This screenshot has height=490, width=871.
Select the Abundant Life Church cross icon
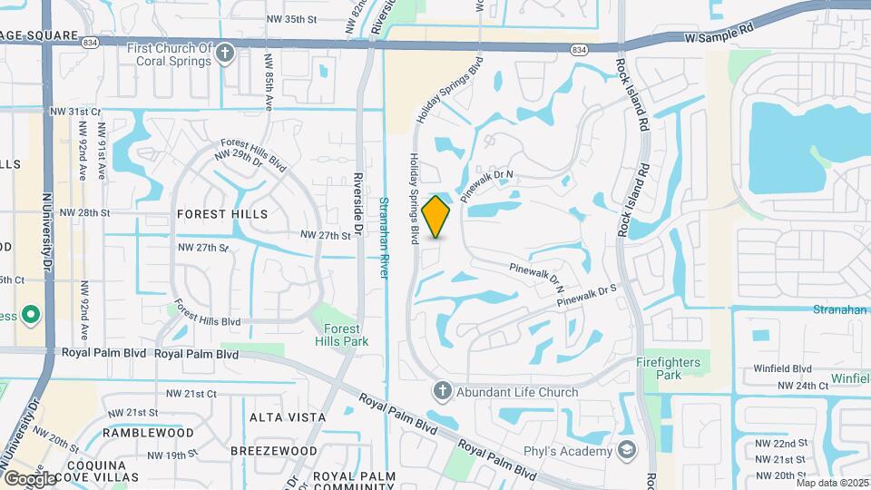coord(442,392)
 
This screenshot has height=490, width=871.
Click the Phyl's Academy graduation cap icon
coord(626,451)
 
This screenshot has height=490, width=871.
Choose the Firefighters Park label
coord(668,368)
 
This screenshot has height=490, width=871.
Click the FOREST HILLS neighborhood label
coord(222,214)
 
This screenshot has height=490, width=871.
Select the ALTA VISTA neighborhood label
coord(287,416)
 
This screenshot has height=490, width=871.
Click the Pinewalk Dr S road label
coord(587,295)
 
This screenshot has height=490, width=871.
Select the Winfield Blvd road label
coord(782,368)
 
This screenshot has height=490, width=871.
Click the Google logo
coord(30,478)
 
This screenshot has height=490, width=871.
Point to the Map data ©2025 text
coord(832,483)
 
